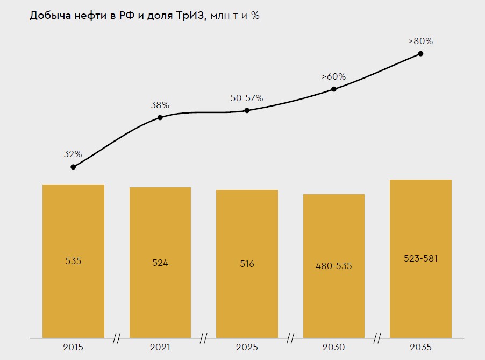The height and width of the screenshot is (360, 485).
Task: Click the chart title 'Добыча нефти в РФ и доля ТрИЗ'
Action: coord(118,16)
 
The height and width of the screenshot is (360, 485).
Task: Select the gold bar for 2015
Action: coord(73,261)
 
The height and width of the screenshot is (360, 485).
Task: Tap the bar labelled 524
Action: coord(160,263)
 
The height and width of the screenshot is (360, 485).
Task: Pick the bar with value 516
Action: coord(247,264)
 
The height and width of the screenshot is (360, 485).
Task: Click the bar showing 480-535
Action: coord(334,266)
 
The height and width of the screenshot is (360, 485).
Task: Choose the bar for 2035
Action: coord(420,259)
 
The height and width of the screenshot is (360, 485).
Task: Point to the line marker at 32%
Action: coord(73,167)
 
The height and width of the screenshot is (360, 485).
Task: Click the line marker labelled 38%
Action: coord(160,118)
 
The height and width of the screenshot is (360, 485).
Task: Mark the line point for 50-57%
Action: coord(247,110)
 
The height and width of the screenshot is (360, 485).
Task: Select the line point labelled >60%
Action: coord(334,89)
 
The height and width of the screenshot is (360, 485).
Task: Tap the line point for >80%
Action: coord(420,54)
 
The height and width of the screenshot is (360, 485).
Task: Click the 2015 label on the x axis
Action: coord(73,347)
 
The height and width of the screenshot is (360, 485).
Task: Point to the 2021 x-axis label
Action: coord(160,347)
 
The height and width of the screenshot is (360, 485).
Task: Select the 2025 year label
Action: coord(247,347)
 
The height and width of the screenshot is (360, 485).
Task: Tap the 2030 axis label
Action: coord(334,347)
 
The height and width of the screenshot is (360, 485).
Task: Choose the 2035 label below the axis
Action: coord(420,347)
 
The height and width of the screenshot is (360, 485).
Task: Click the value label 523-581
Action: coord(420,258)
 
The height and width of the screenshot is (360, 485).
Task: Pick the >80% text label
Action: coord(420,41)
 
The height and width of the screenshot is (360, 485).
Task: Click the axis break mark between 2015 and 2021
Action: coord(116,338)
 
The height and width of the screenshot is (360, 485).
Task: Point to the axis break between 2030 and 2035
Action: coord(377,338)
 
